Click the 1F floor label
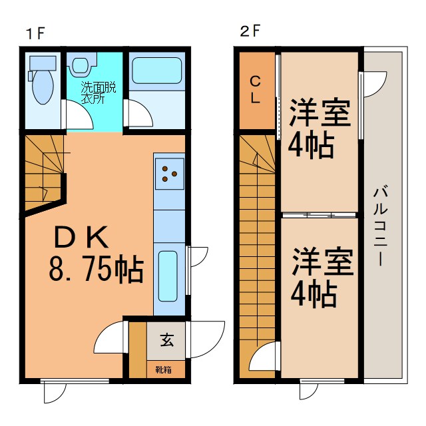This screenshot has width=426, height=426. [x=35, y=33]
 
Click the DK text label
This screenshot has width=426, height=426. [x=80, y=237]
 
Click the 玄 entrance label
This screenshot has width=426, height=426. [x=167, y=341]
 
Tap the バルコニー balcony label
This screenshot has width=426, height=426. [x=381, y=226]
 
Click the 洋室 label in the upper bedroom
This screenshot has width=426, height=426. [x=320, y=112]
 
